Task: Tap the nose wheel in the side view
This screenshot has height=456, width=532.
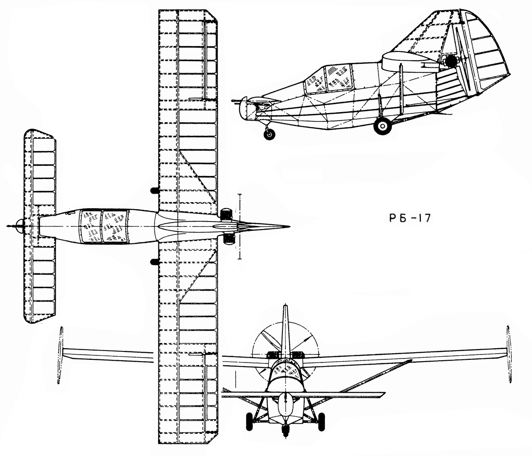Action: [269, 134]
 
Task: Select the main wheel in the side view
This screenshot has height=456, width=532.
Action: [383, 126]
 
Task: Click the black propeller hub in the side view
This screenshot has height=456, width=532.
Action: [450, 61]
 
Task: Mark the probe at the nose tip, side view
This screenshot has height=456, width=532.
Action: [236, 102]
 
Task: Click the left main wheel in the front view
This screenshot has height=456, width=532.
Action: [249, 421]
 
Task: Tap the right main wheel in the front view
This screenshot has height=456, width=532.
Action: [321, 421]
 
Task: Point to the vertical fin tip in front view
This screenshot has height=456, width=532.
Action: [285, 306]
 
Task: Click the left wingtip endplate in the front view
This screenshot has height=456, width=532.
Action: [60, 355]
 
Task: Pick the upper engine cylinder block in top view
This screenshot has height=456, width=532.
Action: [227, 214]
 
